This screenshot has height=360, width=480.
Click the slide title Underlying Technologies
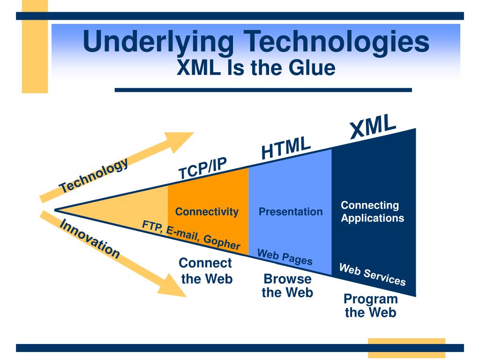[256, 41]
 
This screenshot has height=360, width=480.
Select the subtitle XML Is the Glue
[256, 68]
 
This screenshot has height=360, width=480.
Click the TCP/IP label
[202, 168]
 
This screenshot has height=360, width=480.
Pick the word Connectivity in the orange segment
[207, 212]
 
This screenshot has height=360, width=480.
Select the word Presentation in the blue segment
[291, 212]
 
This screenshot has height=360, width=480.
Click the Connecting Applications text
[372, 211]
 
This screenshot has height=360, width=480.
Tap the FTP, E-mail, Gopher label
[191, 235]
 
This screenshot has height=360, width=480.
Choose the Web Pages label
[285, 257]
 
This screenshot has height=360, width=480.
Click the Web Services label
[372, 275]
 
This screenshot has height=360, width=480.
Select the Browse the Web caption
[287, 285]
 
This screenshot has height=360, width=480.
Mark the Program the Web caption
[370, 306]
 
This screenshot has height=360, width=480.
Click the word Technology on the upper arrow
[94, 175]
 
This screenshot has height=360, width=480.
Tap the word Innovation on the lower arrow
[90, 239]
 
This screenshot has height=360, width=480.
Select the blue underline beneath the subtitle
[263, 90]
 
